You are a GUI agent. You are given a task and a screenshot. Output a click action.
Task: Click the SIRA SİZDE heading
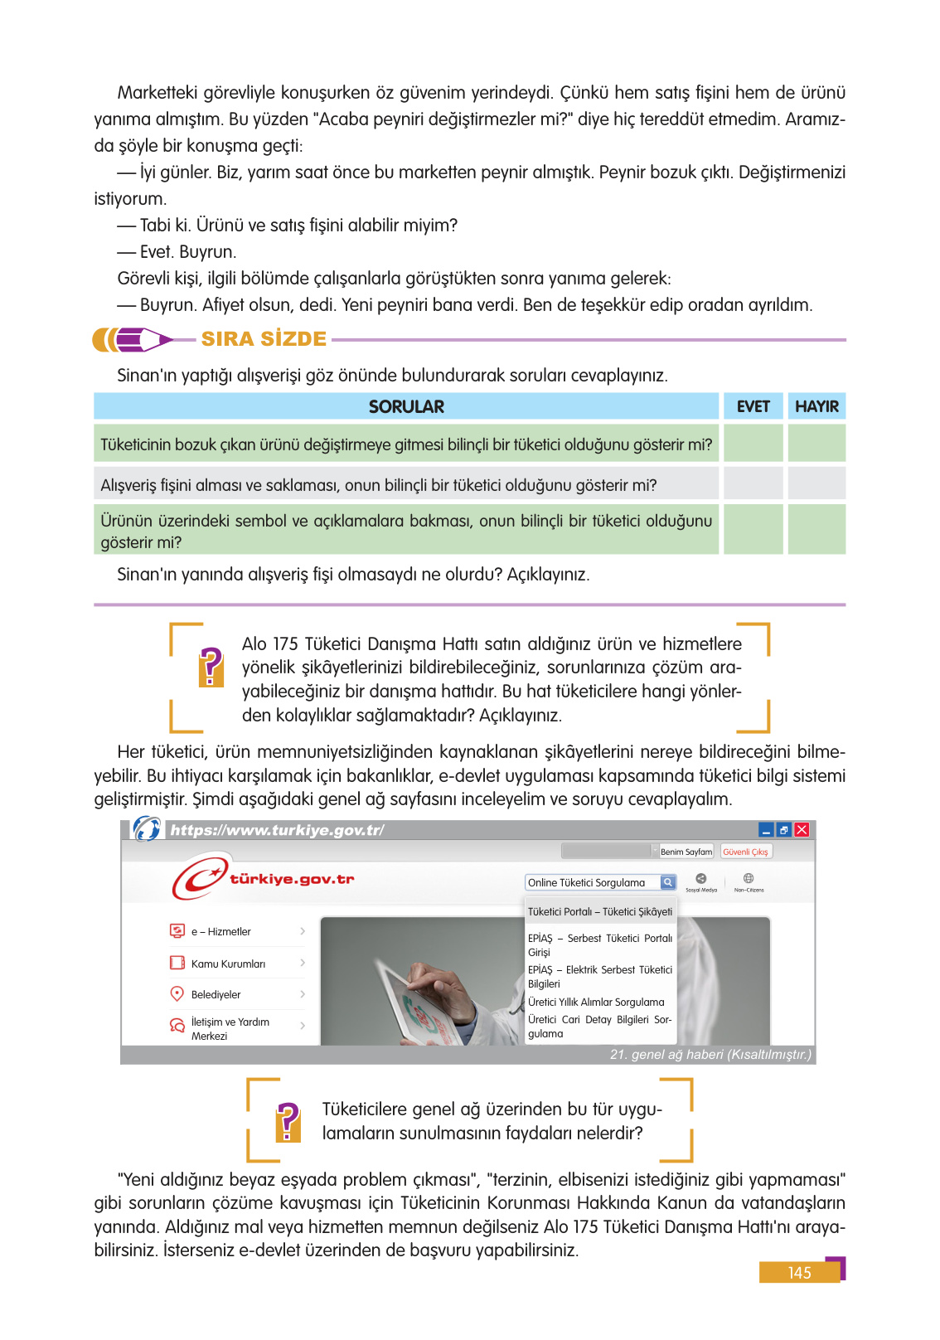coord(264,339)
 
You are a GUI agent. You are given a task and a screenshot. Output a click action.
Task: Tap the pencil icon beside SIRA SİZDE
coord(133,339)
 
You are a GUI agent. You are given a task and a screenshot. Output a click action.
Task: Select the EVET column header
coord(753,406)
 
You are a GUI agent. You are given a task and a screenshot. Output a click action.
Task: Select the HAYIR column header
coord(816,406)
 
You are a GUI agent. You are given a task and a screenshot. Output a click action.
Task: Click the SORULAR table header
coord(406,406)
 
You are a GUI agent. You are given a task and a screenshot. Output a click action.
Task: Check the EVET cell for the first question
coord(753,444)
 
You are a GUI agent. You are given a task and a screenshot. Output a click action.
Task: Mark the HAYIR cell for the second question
coord(816,483)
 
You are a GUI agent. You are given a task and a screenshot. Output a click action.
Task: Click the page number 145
coord(799,1273)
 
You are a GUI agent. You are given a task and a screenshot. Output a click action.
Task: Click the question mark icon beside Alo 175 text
coord(211,667)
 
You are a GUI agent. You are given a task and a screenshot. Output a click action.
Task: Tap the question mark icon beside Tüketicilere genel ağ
coord(288,1122)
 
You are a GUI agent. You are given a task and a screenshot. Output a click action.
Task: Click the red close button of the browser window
coord(802,830)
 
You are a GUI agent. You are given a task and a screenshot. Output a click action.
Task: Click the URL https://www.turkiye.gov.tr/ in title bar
coord(277,830)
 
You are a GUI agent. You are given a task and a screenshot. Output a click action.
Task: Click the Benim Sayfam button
coord(686,852)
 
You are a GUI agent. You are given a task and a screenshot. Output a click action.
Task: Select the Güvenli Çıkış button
coord(745,852)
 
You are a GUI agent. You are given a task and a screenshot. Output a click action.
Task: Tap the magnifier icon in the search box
coord(667,882)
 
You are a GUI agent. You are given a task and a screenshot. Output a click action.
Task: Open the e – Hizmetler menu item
coord(220,932)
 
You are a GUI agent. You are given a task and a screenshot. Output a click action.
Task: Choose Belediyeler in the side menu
coord(216,994)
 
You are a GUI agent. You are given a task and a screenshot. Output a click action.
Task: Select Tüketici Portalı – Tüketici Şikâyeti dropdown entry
coord(600,911)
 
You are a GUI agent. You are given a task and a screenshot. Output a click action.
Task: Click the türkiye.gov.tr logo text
coord(292,879)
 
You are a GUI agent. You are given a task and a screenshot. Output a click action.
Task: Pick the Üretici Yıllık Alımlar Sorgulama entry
coord(596,1002)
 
